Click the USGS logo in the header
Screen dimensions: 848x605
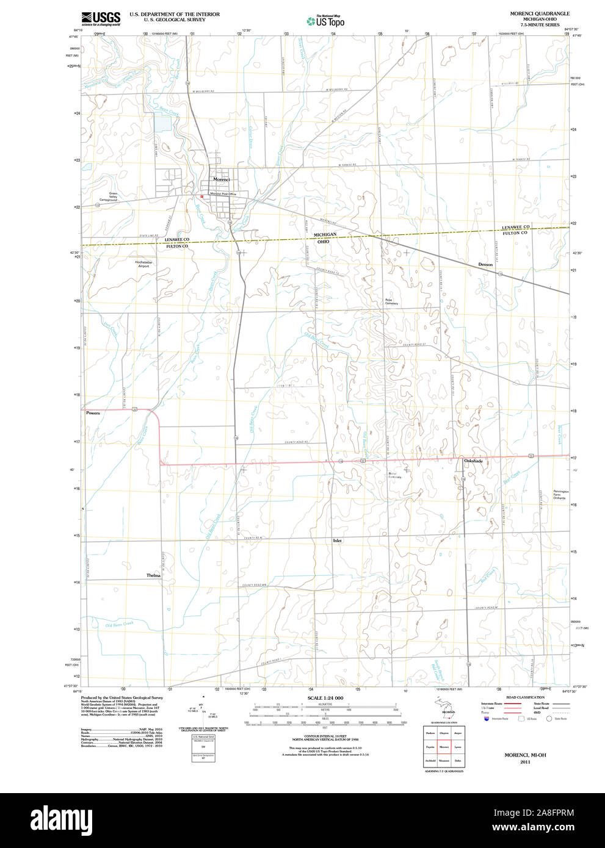101,18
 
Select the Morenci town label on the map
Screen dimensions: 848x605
221,179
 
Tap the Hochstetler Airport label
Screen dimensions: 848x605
143,264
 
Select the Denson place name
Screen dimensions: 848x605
485,264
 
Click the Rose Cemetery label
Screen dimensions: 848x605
391,301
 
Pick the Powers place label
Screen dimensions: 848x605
93,413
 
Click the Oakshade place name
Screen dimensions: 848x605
473,461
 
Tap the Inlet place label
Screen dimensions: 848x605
338,541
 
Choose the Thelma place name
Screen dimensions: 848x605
153,575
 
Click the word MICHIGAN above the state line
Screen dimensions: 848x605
325,234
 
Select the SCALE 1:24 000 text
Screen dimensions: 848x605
325,697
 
